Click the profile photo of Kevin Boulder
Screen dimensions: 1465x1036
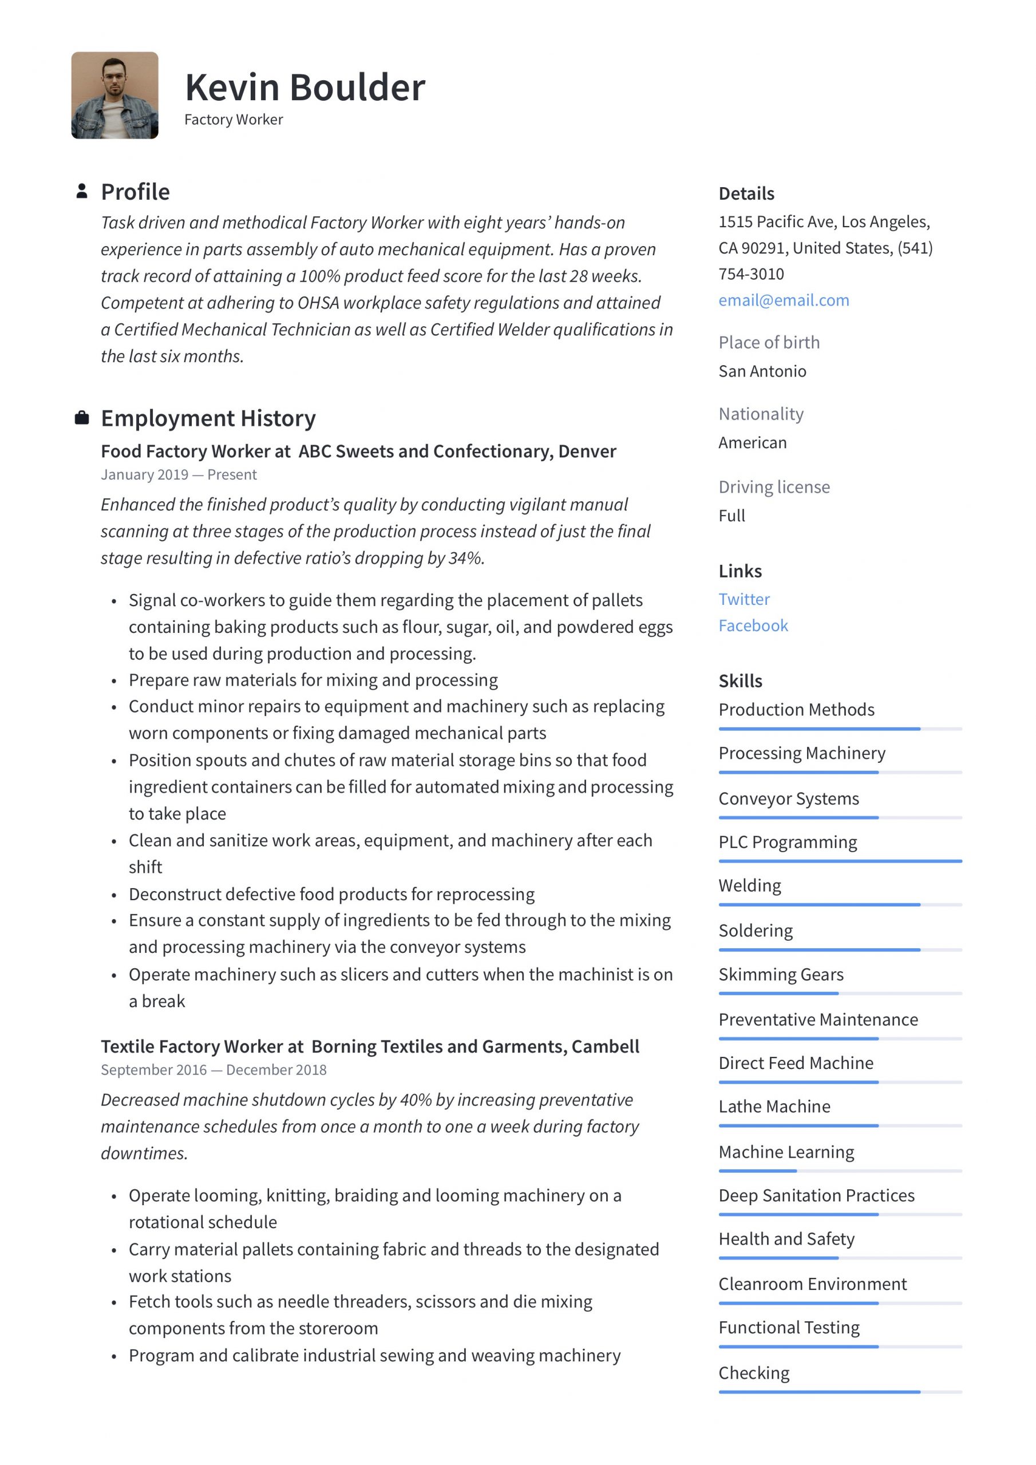point(114,95)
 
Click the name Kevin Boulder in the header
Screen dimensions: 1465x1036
point(305,88)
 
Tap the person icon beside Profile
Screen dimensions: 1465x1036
point(82,191)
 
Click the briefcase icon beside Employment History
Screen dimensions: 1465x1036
point(82,418)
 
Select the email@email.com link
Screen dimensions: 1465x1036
point(783,300)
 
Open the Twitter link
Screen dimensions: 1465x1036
point(744,599)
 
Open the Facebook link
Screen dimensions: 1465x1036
point(753,625)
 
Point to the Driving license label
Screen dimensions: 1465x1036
point(774,487)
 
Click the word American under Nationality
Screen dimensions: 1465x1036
point(752,442)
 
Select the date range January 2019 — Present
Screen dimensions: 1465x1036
point(178,475)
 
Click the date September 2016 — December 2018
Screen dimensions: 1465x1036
point(213,1070)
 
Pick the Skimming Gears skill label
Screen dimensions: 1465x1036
point(780,975)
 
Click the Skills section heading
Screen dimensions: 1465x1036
point(740,681)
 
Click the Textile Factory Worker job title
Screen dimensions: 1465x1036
point(201,1047)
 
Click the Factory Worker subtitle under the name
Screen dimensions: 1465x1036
point(233,120)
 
